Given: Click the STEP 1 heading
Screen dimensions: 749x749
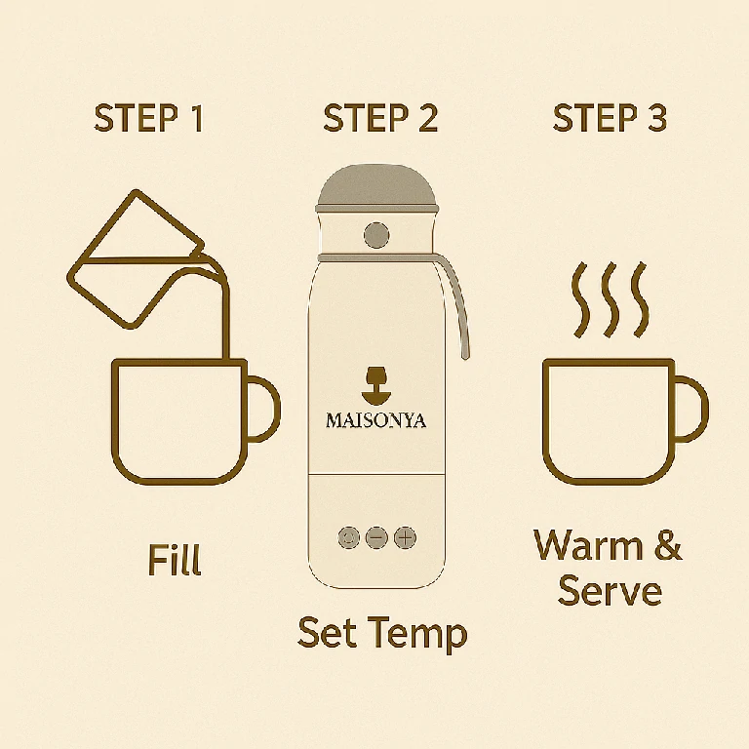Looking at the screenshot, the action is coord(149,118).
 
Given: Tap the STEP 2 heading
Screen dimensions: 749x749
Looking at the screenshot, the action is coord(380,118).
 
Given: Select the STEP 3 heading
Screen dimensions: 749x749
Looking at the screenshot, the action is coord(610,118).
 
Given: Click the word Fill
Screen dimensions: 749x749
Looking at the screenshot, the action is coord(175,560).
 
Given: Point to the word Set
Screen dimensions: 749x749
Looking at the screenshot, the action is coord(328,632).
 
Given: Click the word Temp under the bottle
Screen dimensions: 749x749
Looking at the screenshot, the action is coord(418,634).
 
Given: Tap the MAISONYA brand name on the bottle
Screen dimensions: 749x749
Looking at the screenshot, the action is coord(375,420).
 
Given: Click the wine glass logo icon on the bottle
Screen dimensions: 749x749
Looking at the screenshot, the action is coord(376,384).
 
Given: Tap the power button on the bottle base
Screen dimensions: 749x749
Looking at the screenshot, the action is coord(348,538).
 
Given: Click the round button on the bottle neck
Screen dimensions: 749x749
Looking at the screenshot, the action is coord(376,235).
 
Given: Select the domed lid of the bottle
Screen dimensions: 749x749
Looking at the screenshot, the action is coord(376,188).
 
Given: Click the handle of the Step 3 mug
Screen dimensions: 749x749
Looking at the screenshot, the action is coord(692,409).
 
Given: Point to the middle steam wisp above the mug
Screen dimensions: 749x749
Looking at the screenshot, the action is coord(610,300).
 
